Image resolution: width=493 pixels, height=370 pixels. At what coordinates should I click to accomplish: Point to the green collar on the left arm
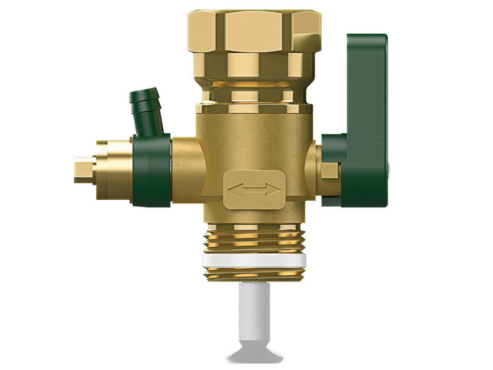(x=152, y=170)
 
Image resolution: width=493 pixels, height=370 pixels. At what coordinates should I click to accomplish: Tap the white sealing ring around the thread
(x=254, y=261)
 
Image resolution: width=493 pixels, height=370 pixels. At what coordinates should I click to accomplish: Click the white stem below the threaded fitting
(x=254, y=313)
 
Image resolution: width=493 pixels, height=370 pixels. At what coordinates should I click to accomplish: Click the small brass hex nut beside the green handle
(x=329, y=170)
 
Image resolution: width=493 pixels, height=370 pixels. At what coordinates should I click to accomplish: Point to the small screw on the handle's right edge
(x=389, y=167)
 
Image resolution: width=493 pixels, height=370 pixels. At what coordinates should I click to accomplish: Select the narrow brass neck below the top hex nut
(x=254, y=95)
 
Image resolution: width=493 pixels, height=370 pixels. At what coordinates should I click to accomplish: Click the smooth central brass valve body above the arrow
(x=254, y=142)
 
